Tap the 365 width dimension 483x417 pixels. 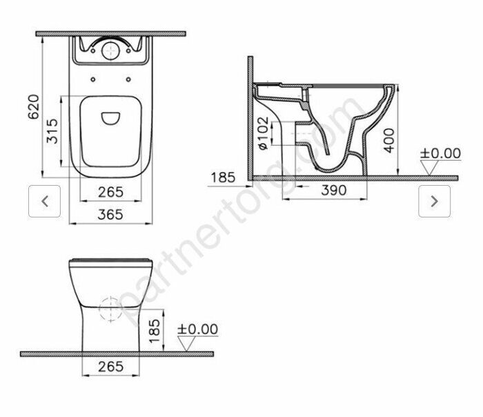coord(110,215)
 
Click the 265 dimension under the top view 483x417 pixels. coord(110,191)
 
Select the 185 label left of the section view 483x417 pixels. coord(223,177)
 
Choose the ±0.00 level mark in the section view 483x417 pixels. coord(440,153)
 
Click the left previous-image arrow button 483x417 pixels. coord(45,202)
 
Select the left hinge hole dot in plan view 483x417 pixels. coord(92,80)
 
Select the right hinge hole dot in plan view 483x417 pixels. coord(130,80)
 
